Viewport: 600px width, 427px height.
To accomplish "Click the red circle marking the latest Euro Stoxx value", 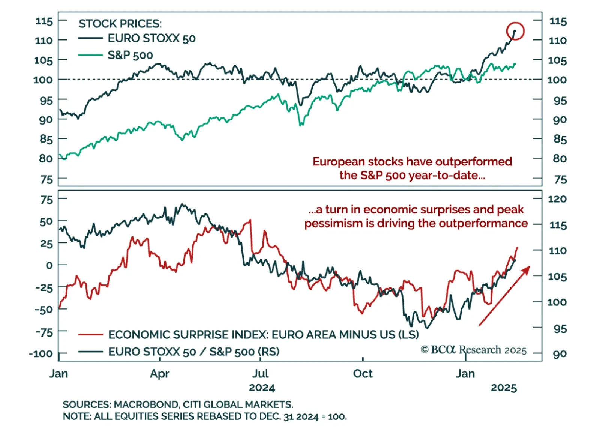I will tap(515, 31).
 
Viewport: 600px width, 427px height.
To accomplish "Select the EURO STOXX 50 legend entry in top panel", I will tap(151, 38).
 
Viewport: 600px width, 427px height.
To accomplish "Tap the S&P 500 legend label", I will tap(130, 55).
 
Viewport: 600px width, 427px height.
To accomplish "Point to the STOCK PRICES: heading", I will tap(120, 24).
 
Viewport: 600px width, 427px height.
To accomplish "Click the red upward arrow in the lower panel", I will tap(504, 295).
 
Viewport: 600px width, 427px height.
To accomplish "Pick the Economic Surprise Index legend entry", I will tap(263, 334).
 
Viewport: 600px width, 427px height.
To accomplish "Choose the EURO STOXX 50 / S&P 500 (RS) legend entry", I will tap(194, 352).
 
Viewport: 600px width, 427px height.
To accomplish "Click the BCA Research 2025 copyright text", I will tap(474, 350).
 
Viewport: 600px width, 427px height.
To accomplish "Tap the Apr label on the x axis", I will tap(159, 374).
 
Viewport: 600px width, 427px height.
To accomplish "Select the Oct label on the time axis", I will tap(363, 374).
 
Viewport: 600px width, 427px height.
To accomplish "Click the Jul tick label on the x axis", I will tap(260, 374).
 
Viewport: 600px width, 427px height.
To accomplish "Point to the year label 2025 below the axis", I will tap(504, 388).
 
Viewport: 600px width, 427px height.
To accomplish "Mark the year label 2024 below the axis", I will tap(262, 388).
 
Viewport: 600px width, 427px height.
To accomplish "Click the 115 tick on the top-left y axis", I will tap(44, 21).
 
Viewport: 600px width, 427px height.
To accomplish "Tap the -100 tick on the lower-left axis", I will tap(41, 354).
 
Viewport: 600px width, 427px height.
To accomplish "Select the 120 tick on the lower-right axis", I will tap(557, 199).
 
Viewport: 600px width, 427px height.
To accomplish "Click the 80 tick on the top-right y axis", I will tap(559, 159).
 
